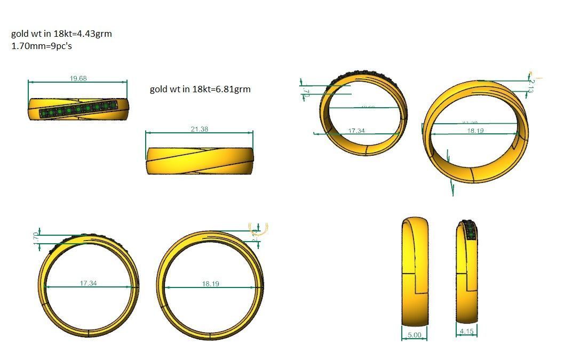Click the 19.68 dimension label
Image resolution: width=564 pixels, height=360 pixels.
coord(78,78)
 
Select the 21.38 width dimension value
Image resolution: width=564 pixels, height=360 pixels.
coord(199,130)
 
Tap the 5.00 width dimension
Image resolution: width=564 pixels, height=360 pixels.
coord(414,335)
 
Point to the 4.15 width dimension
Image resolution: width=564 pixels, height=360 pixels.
coord(467,332)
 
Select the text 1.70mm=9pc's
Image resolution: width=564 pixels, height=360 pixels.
coord(42,46)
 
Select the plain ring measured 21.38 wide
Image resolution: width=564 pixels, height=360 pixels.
coord(199,161)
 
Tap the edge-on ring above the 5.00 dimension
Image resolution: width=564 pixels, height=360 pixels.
coord(415,271)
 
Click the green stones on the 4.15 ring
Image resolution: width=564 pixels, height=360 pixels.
coord(470,231)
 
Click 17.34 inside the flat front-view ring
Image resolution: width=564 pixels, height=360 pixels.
coord(88,283)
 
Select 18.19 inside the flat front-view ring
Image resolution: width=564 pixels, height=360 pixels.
coord(210,284)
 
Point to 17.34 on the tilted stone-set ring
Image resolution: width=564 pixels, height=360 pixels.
coord(356,131)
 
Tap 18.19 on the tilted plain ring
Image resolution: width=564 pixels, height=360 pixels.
coord(474,131)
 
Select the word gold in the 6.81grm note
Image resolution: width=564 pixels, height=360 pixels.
coord(159,89)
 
